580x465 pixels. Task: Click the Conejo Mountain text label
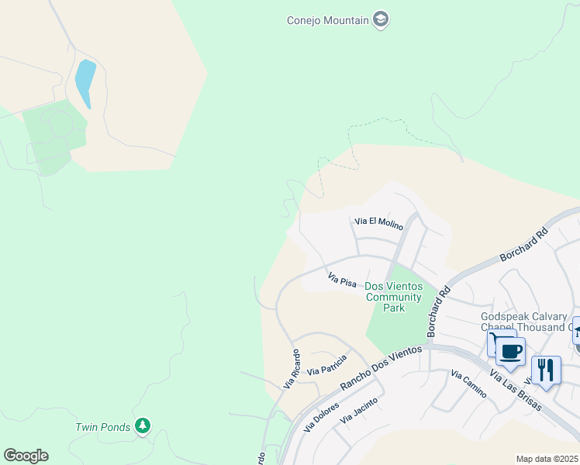click(x=327, y=20)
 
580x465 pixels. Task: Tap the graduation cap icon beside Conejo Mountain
click(x=380, y=19)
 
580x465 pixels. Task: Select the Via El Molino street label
click(x=379, y=224)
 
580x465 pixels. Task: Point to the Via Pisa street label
click(x=342, y=280)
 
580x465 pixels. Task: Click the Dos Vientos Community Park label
click(x=394, y=297)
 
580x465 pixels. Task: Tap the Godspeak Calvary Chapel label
click(x=524, y=322)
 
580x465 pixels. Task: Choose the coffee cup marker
click(x=510, y=352)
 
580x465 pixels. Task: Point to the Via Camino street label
click(x=468, y=384)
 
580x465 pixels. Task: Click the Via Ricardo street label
click(x=292, y=368)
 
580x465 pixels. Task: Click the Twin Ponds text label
click(x=102, y=426)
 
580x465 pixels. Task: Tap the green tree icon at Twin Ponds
click(x=142, y=425)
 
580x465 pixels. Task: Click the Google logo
click(x=26, y=455)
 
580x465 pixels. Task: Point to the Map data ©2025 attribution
click(x=547, y=459)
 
